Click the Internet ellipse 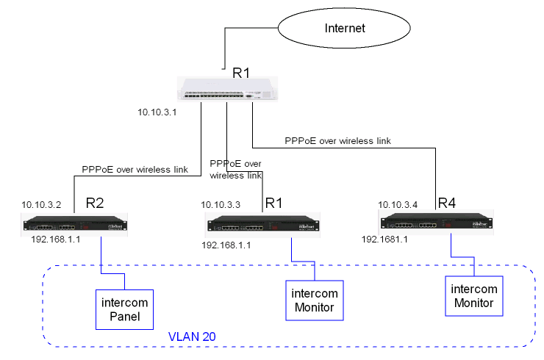pos(345,29)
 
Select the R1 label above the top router pos(242,72)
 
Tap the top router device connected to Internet pos(228,90)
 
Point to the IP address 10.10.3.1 pos(157,113)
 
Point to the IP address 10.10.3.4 pos(398,204)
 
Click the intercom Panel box pos(124,309)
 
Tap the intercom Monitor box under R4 pos(473,295)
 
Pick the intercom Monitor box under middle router pos(315,301)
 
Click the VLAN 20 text pos(192,336)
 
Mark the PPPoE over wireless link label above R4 pos(337,140)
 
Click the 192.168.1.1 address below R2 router pos(56,240)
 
